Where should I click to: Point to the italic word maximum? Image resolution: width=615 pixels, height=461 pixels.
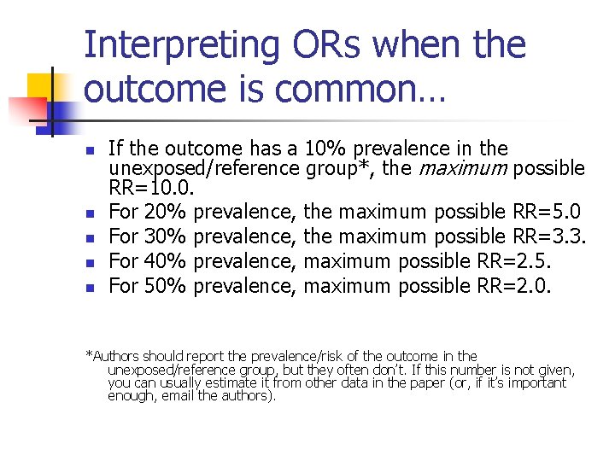tap(463, 168)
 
